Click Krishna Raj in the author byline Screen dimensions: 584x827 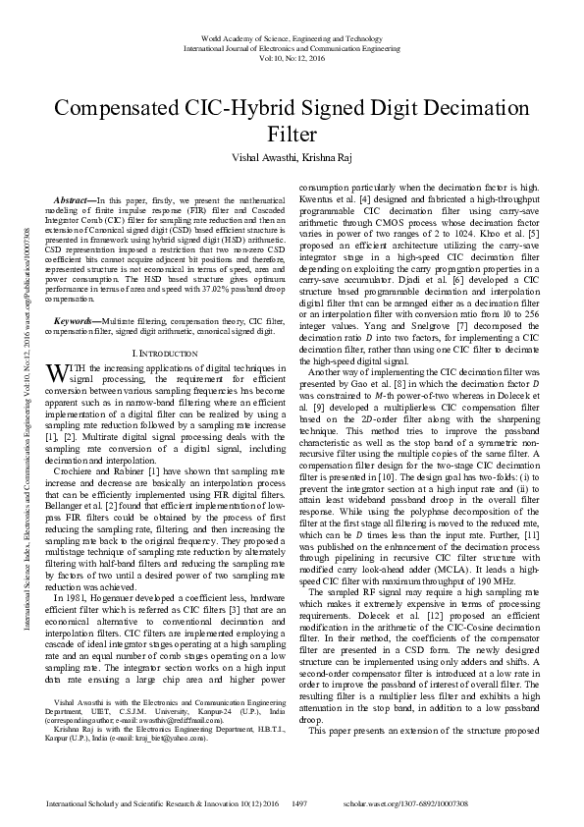pyautogui.click(x=328, y=157)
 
